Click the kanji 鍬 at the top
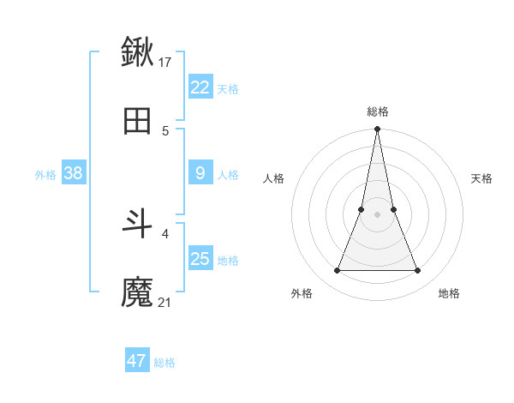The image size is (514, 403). pyautogui.click(x=138, y=51)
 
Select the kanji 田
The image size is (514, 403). pyautogui.click(x=138, y=122)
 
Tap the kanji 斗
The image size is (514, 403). pyautogui.click(x=138, y=224)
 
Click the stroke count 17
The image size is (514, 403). pyautogui.click(x=166, y=62)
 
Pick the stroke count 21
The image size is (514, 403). pyautogui.click(x=166, y=303)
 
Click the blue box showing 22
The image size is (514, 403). pyautogui.click(x=200, y=87)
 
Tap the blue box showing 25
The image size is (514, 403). pyautogui.click(x=200, y=259)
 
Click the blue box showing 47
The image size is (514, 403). pyautogui.click(x=137, y=361)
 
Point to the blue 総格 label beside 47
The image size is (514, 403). pyautogui.click(x=164, y=363)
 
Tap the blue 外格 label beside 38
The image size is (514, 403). pyautogui.click(x=45, y=175)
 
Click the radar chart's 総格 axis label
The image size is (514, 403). pyautogui.click(x=377, y=111)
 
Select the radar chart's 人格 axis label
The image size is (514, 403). pyautogui.click(x=273, y=178)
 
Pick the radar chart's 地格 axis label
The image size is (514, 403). pyautogui.click(x=449, y=293)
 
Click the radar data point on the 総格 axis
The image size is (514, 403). pyautogui.click(x=377, y=129)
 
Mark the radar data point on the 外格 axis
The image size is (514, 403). pyautogui.click(x=337, y=271)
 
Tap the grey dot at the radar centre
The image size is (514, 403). pyautogui.click(x=377, y=214)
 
